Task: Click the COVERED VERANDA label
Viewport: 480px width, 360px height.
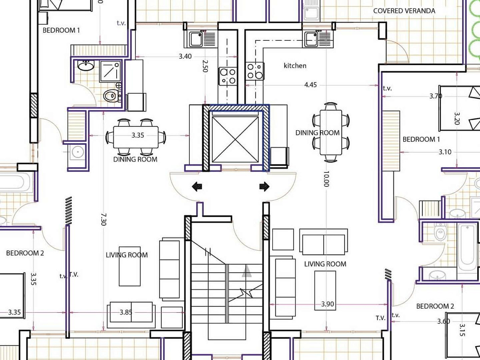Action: point(404,11)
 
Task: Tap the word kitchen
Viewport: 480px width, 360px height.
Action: point(295,66)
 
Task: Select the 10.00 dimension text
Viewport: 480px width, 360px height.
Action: point(326,179)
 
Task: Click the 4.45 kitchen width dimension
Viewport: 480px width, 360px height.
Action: point(310,85)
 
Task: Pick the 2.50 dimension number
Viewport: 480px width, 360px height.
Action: point(206,66)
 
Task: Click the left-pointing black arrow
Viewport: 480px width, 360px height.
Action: point(197,187)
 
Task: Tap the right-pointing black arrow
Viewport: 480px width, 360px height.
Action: point(264,186)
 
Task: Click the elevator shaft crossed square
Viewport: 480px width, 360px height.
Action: point(235,139)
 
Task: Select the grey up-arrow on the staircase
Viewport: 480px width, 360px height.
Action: point(247,271)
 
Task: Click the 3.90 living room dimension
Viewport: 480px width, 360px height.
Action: point(328,304)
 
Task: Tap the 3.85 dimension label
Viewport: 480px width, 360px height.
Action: point(126,312)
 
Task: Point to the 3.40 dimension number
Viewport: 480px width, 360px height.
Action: point(185,57)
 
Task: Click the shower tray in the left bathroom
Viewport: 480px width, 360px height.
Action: point(110,71)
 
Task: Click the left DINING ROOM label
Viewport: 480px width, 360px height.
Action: point(135,159)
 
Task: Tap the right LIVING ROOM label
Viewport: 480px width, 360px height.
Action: point(325,264)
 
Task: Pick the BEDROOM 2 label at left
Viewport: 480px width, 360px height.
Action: point(25,253)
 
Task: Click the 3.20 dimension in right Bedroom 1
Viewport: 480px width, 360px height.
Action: point(457,118)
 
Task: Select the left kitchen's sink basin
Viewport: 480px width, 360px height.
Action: point(196,40)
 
